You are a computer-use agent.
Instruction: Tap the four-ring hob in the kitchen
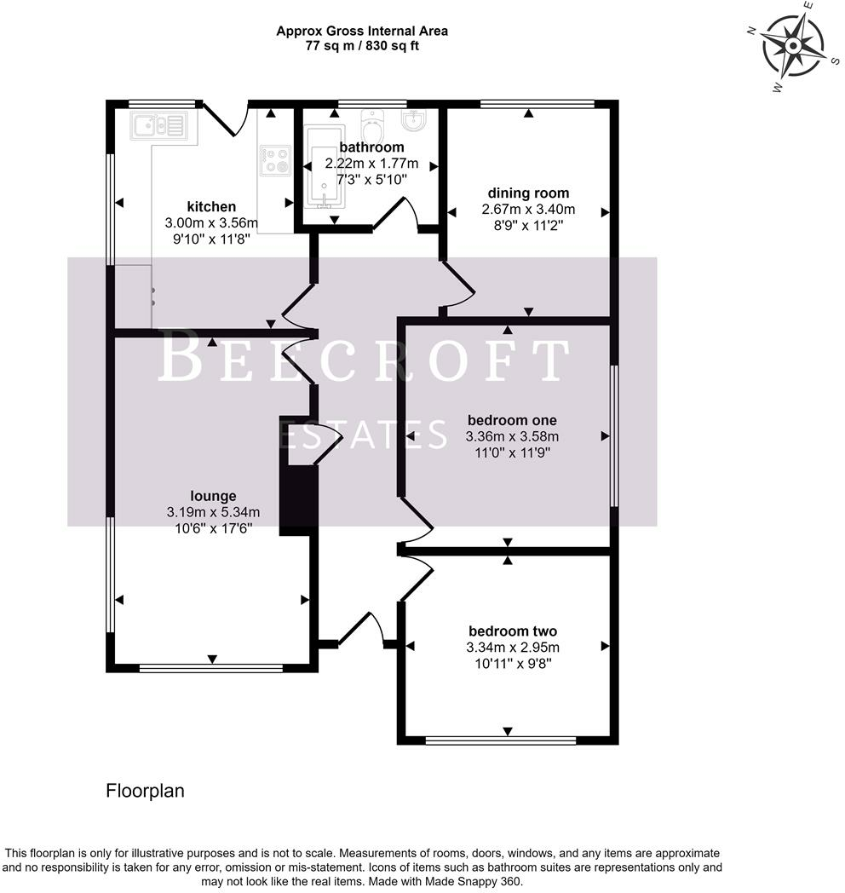(x=276, y=160)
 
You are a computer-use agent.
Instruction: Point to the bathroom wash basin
(x=413, y=119)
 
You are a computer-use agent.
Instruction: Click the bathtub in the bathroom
(x=324, y=166)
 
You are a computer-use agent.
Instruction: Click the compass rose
(x=793, y=45)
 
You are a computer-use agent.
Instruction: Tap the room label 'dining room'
(x=528, y=193)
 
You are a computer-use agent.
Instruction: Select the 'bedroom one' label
(x=512, y=420)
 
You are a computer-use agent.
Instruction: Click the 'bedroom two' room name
(x=513, y=631)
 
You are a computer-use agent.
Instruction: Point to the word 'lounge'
(x=213, y=496)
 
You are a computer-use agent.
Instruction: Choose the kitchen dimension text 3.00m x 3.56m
(x=211, y=222)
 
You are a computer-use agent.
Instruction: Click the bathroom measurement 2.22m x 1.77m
(x=371, y=164)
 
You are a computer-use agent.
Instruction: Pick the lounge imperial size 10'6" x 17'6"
(x=214, y=528)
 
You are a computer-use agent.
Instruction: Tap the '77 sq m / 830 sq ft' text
(x=362, y=46)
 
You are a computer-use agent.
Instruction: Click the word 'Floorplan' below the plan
(x=145, y=791)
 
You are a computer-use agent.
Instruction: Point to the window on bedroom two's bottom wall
(x=501, y=741)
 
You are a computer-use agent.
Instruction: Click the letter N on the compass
(x=751, y=32)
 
